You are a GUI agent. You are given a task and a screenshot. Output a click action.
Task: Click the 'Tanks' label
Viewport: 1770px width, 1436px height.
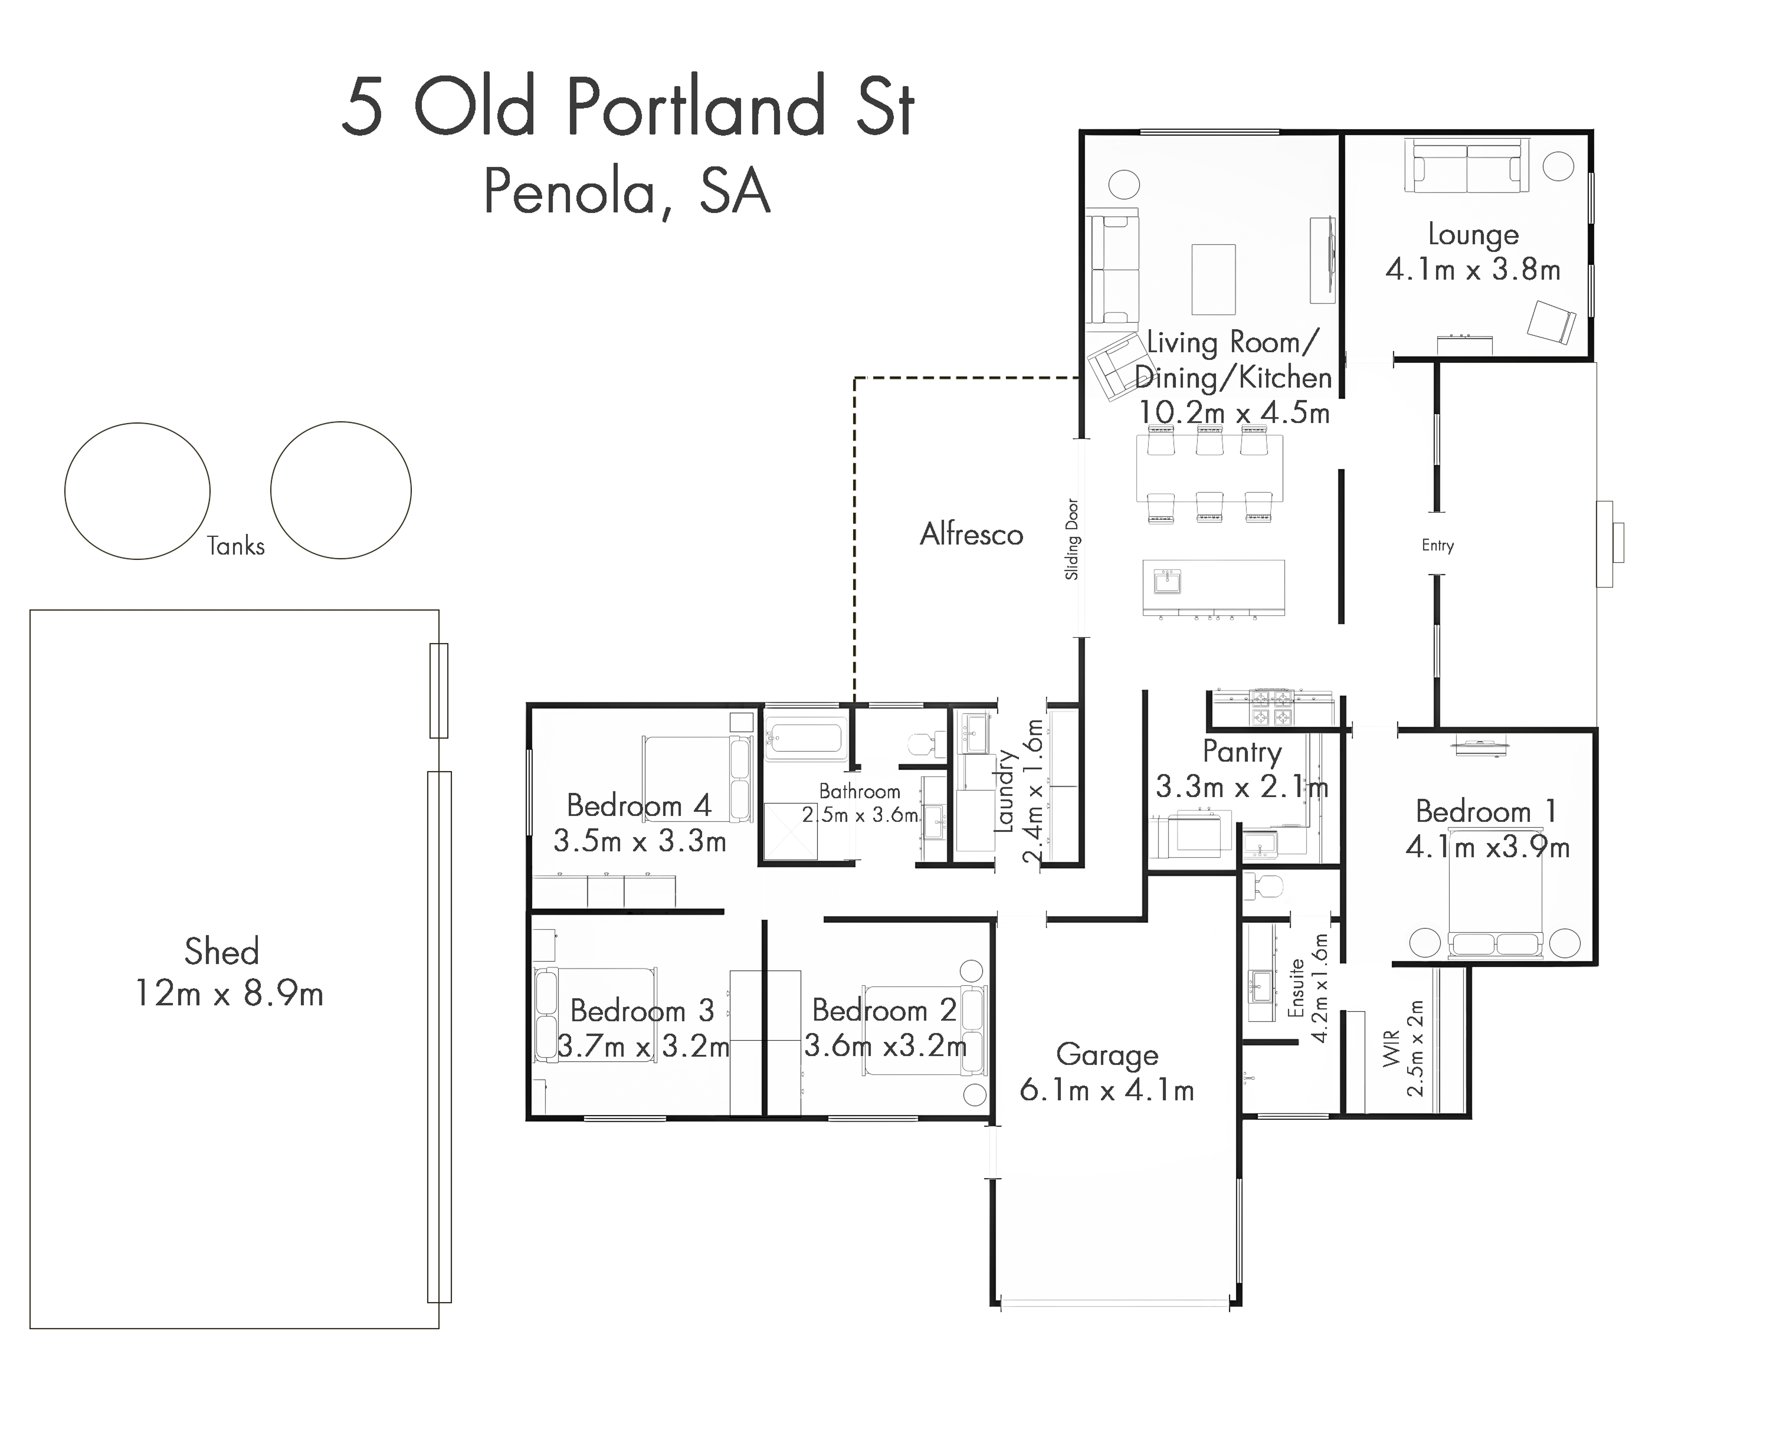point(236,546)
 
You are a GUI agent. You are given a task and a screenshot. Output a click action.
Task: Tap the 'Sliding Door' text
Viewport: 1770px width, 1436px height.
point(1072,538)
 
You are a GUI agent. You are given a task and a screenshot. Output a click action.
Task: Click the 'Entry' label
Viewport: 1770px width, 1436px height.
point(1438,545)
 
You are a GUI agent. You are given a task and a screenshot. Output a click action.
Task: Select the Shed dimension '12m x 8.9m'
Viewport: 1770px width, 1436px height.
point(229,993)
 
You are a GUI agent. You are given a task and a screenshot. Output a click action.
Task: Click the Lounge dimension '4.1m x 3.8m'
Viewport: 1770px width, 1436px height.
point(1473,270)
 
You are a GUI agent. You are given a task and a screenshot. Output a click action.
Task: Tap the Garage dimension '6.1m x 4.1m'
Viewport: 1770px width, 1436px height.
point(1107,1090)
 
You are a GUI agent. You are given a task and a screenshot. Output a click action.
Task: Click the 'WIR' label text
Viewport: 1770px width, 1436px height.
point(1392,1048)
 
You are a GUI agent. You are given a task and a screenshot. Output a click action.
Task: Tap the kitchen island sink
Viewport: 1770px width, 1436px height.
point(1168,582)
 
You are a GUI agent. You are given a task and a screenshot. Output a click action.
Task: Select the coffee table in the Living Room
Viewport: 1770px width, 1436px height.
point(1213,280)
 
